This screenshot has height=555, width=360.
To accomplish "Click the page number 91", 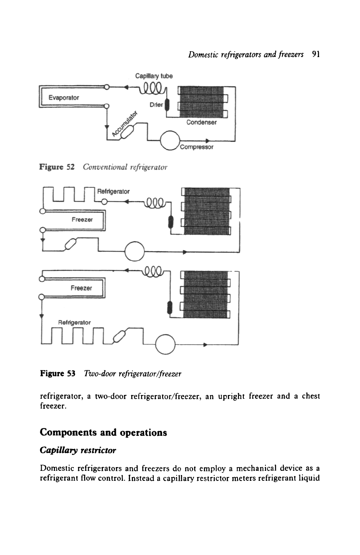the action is (x=316, y=54).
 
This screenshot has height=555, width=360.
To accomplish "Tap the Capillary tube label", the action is (x=154, y=76).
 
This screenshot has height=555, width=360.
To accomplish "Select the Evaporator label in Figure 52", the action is (x=64, y=97).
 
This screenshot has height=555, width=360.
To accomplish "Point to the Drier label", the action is (x=156, y=105).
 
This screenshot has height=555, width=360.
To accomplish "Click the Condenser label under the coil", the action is (x=201, y=122).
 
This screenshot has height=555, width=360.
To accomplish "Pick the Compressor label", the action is (x=197, y=147).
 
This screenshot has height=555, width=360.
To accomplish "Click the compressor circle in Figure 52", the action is (x=170, y=140).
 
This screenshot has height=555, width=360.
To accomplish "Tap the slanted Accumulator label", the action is (x=125, y=124).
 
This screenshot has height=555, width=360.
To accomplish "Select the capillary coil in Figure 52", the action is (x=152, y=88).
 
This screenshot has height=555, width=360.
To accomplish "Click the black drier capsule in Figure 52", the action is (x=167, y=105).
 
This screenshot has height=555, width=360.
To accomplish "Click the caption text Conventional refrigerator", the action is (x=125, y=167).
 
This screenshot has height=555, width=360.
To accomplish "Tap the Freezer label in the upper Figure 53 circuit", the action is (x=82, y=220).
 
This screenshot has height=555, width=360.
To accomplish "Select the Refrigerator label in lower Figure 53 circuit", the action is (x=74, y=322).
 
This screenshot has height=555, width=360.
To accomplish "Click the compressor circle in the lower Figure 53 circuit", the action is (x=165, y=344).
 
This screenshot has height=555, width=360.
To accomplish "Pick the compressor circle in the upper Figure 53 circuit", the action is (x=135, y=251).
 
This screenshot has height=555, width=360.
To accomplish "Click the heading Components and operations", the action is (x=103, y=432).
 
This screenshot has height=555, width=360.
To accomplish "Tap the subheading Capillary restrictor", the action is (x=78, y=450).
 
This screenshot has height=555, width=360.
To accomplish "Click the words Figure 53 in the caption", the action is (x=57, y=373).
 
